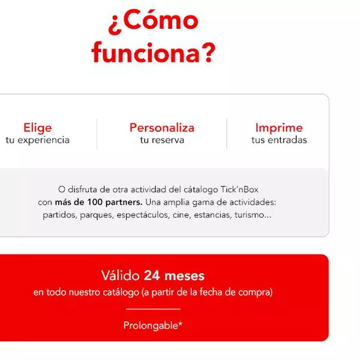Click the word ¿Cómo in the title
(x=154, y=22)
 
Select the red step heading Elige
(x=38, y=128)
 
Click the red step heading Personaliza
(x=162, y=128)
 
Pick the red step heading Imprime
(x=279, y=128)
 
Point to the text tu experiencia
(x=37, y=140)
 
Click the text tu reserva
(x=162, y=140)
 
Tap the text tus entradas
(x=279, y=140)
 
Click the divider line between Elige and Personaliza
(x=97, y=134)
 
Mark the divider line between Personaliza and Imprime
(x=227, y=134)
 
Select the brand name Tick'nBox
(x=239, y=190)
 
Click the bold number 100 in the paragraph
(x=95, y=202)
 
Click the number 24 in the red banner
(x=152, y=275)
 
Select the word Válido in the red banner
(x=121, y=275)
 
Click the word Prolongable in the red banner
(x=151, y=325)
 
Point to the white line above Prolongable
(x=153, y=309)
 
